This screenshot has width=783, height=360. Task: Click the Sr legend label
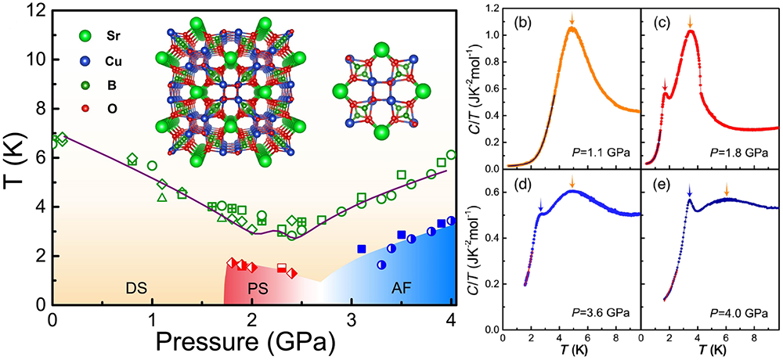pos(117,36)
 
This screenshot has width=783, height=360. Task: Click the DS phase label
pos(138,286)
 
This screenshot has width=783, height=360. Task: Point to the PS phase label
pos(258,286)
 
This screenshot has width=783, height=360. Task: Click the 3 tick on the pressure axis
pos(352,319)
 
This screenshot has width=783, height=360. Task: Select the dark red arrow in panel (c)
pos(665,84)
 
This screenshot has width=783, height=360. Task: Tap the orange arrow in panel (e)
pos(727,189)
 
